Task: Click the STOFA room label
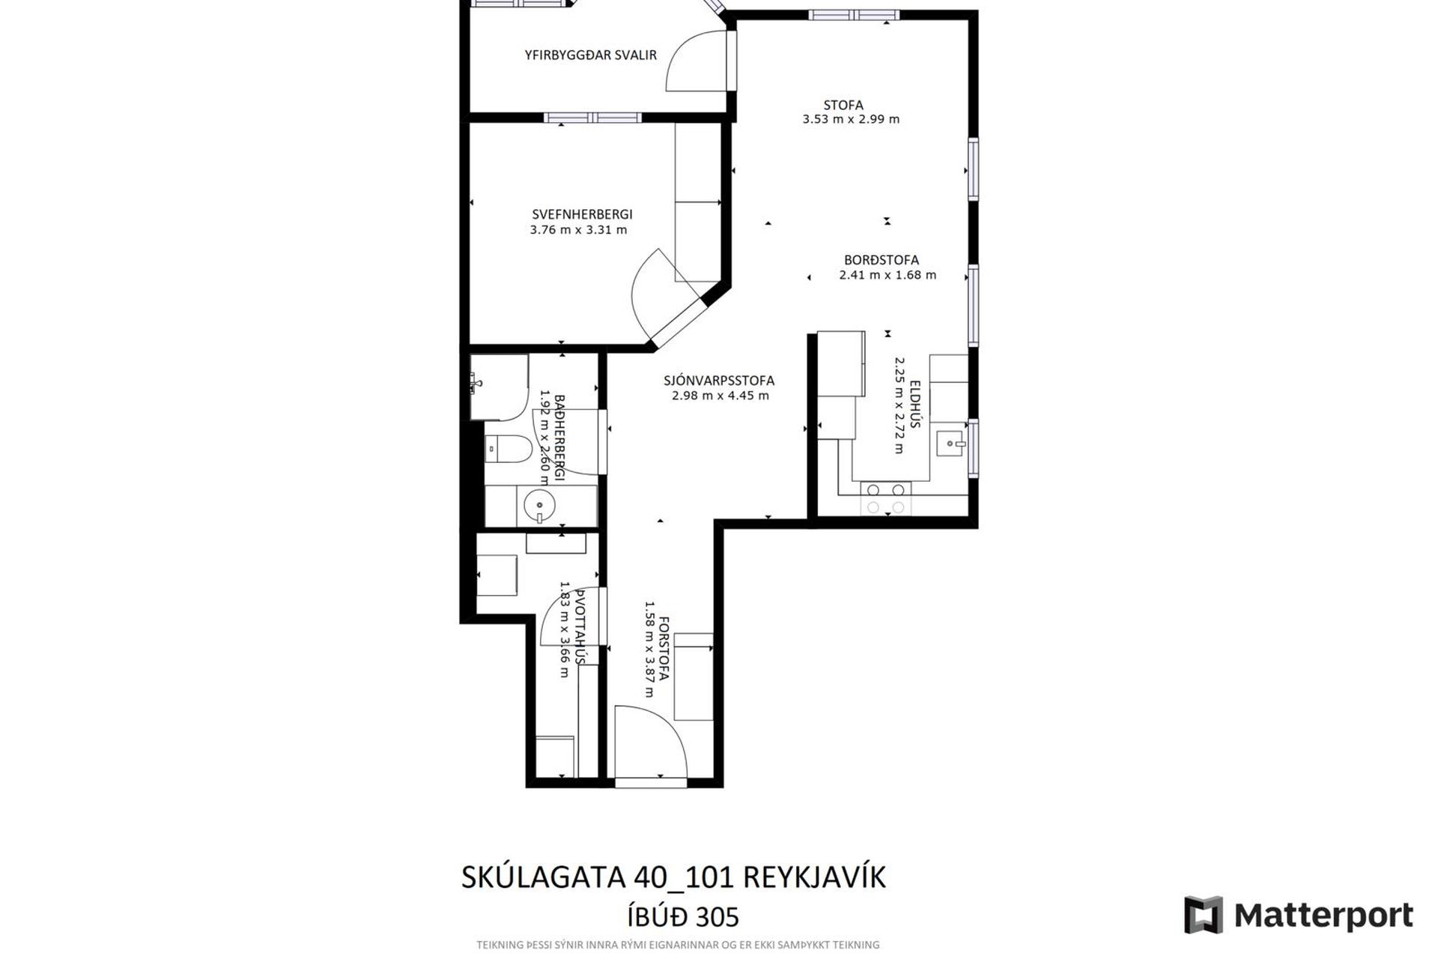843,106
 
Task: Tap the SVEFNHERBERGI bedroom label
582,215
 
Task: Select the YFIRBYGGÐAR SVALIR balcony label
590,55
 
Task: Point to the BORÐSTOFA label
882,261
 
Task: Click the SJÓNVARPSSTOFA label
719,381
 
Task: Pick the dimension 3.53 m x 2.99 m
851,119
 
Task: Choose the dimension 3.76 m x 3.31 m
578,230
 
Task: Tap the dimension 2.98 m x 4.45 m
720,396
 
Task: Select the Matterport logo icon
1203,914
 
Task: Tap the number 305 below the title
717,917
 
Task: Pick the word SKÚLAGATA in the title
544,877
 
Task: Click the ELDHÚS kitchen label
914,405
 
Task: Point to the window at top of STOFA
854,14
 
